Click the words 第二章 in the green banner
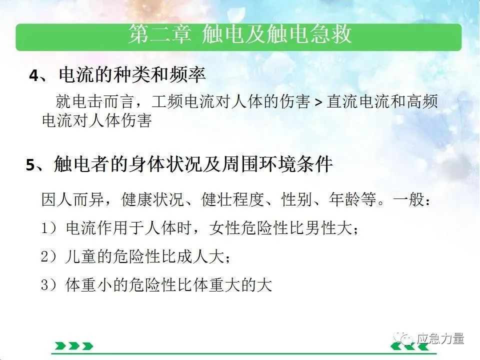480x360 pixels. click(160, 33)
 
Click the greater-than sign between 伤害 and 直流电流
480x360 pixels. click(318, 102)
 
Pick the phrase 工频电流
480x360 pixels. click(183, 101)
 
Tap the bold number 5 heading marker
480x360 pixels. click(30, 164)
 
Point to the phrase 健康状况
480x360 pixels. click(152, 199)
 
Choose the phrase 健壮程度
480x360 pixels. click(232, 199)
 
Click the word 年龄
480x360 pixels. click(344, 199)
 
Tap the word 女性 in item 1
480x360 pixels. click(224, 228)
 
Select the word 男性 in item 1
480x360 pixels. click(320, 228)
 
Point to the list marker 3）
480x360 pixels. click(49, 285)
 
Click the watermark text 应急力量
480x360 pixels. click(440, 338)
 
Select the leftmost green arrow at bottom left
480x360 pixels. click(60, 346)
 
